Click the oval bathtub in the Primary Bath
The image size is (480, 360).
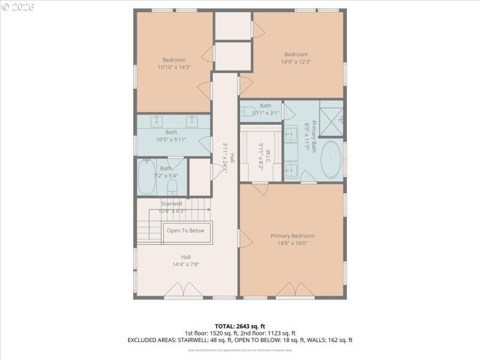point(330,160)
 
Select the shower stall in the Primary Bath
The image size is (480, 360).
point(331,119)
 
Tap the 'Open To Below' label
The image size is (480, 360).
point(185,230)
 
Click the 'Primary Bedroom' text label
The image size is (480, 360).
point(292,236)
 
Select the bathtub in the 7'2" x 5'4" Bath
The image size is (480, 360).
point(146,177)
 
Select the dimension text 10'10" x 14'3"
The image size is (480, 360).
point(174,68)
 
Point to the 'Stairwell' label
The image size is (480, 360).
point(172,204)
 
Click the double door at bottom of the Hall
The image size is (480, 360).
point(184,291)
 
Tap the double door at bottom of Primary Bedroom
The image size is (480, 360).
point(295,291)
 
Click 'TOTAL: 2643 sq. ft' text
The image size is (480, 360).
point(239,326)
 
